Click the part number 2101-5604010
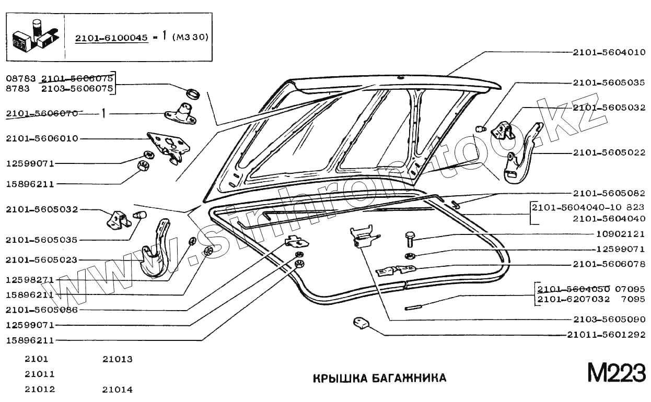tap(609, 52)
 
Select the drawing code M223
tap(616, 373)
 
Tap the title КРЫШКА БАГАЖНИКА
tap(380, 377)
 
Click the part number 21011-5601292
tap(606, 335)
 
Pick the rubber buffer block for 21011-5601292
tap(360, 323)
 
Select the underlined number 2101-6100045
tap(111, 38)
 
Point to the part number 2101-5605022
tap(609, 153)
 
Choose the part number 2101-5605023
tap(42, 259)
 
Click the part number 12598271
tap(30, 280)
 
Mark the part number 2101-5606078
tap(609, 264)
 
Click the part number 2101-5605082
tap(609, 193)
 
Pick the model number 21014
tap(118, 389)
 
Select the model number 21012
tap(40, 389)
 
